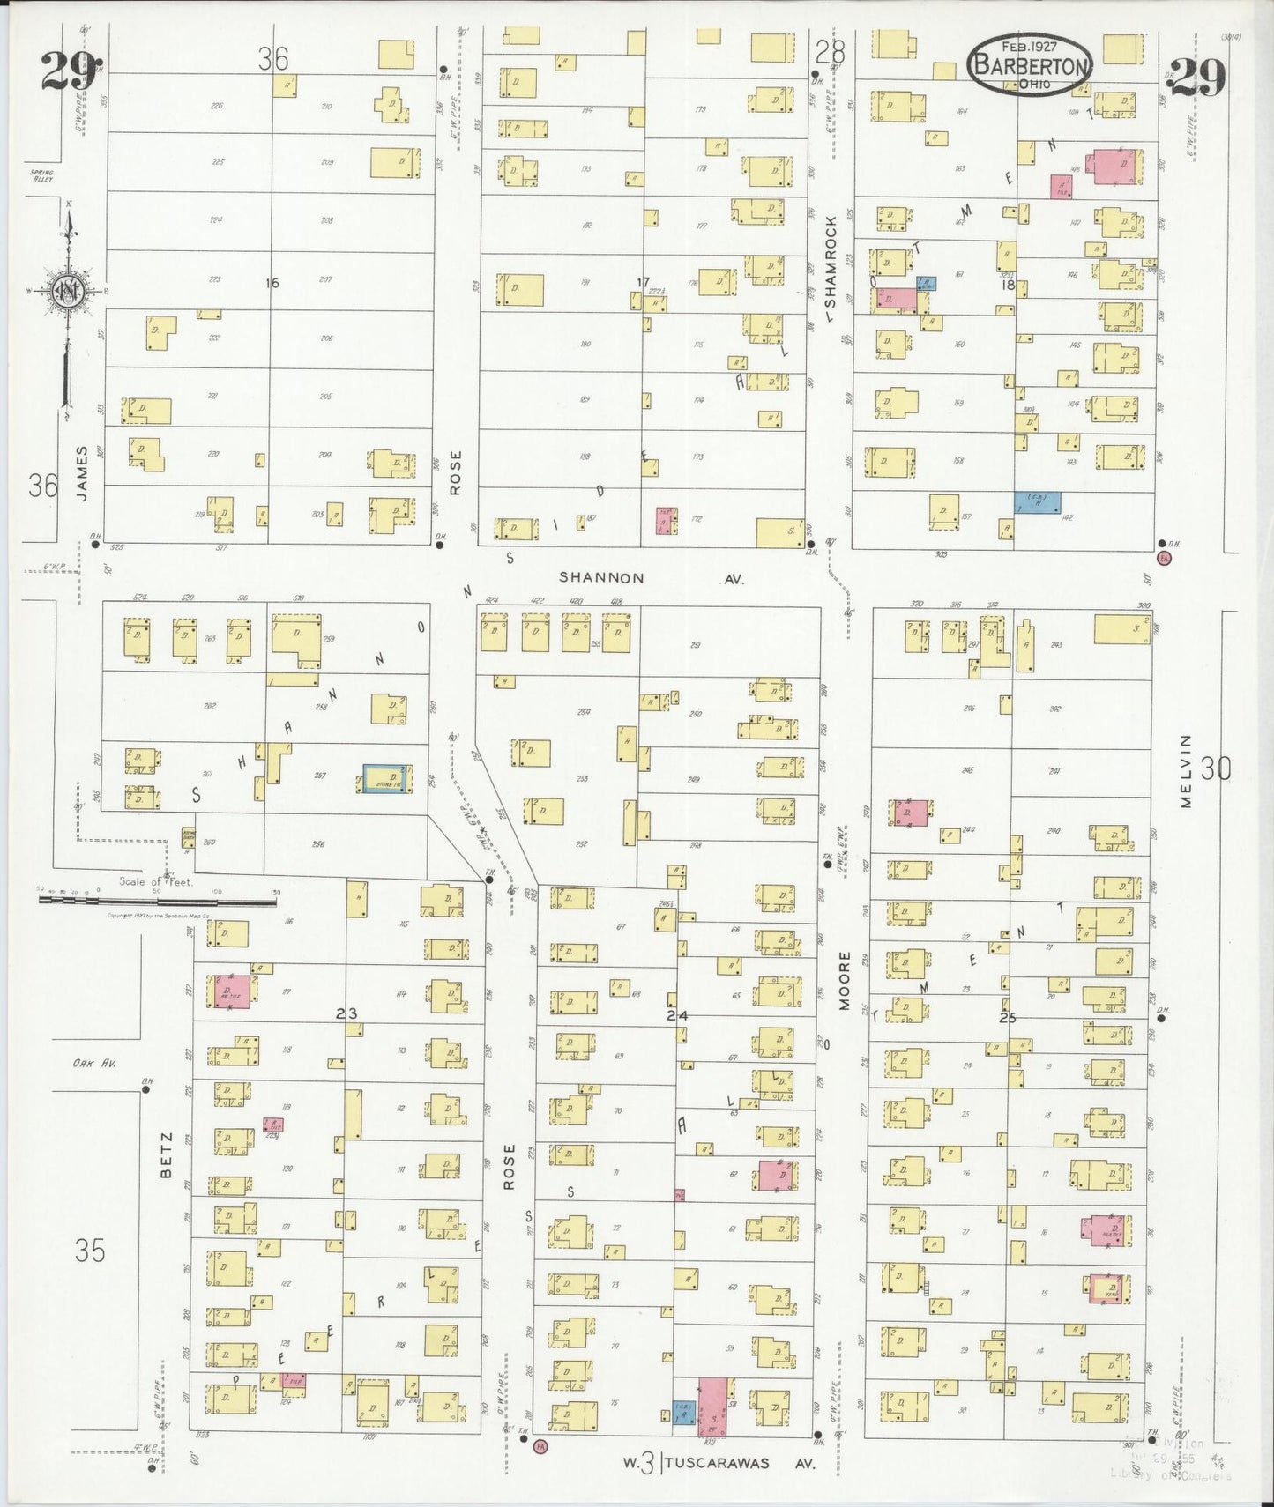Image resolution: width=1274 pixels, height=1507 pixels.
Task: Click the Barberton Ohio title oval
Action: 1030,64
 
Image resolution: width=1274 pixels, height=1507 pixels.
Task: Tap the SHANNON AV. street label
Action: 652,579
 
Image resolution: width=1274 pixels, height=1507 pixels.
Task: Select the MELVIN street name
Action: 1186,770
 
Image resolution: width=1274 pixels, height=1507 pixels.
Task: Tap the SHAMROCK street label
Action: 830,265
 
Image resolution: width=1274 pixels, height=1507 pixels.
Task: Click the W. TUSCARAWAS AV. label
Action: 719,1464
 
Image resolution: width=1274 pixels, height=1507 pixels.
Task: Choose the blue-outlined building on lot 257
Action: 385,778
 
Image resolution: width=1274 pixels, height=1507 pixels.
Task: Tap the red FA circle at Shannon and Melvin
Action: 1163,558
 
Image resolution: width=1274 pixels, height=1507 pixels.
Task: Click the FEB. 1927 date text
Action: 1029,45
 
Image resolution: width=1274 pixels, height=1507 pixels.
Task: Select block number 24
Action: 676,1015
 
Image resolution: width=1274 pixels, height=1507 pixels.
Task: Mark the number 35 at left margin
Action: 90,1251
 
